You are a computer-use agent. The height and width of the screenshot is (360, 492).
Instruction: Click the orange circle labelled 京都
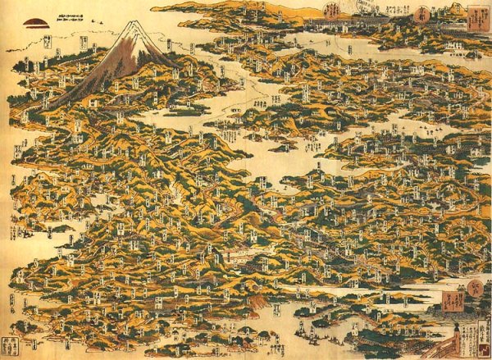tap(332, 11)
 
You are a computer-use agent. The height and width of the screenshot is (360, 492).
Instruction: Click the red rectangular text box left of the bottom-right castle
tap(453, 304)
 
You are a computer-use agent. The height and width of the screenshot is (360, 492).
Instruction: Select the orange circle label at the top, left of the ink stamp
tap(332, 11)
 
